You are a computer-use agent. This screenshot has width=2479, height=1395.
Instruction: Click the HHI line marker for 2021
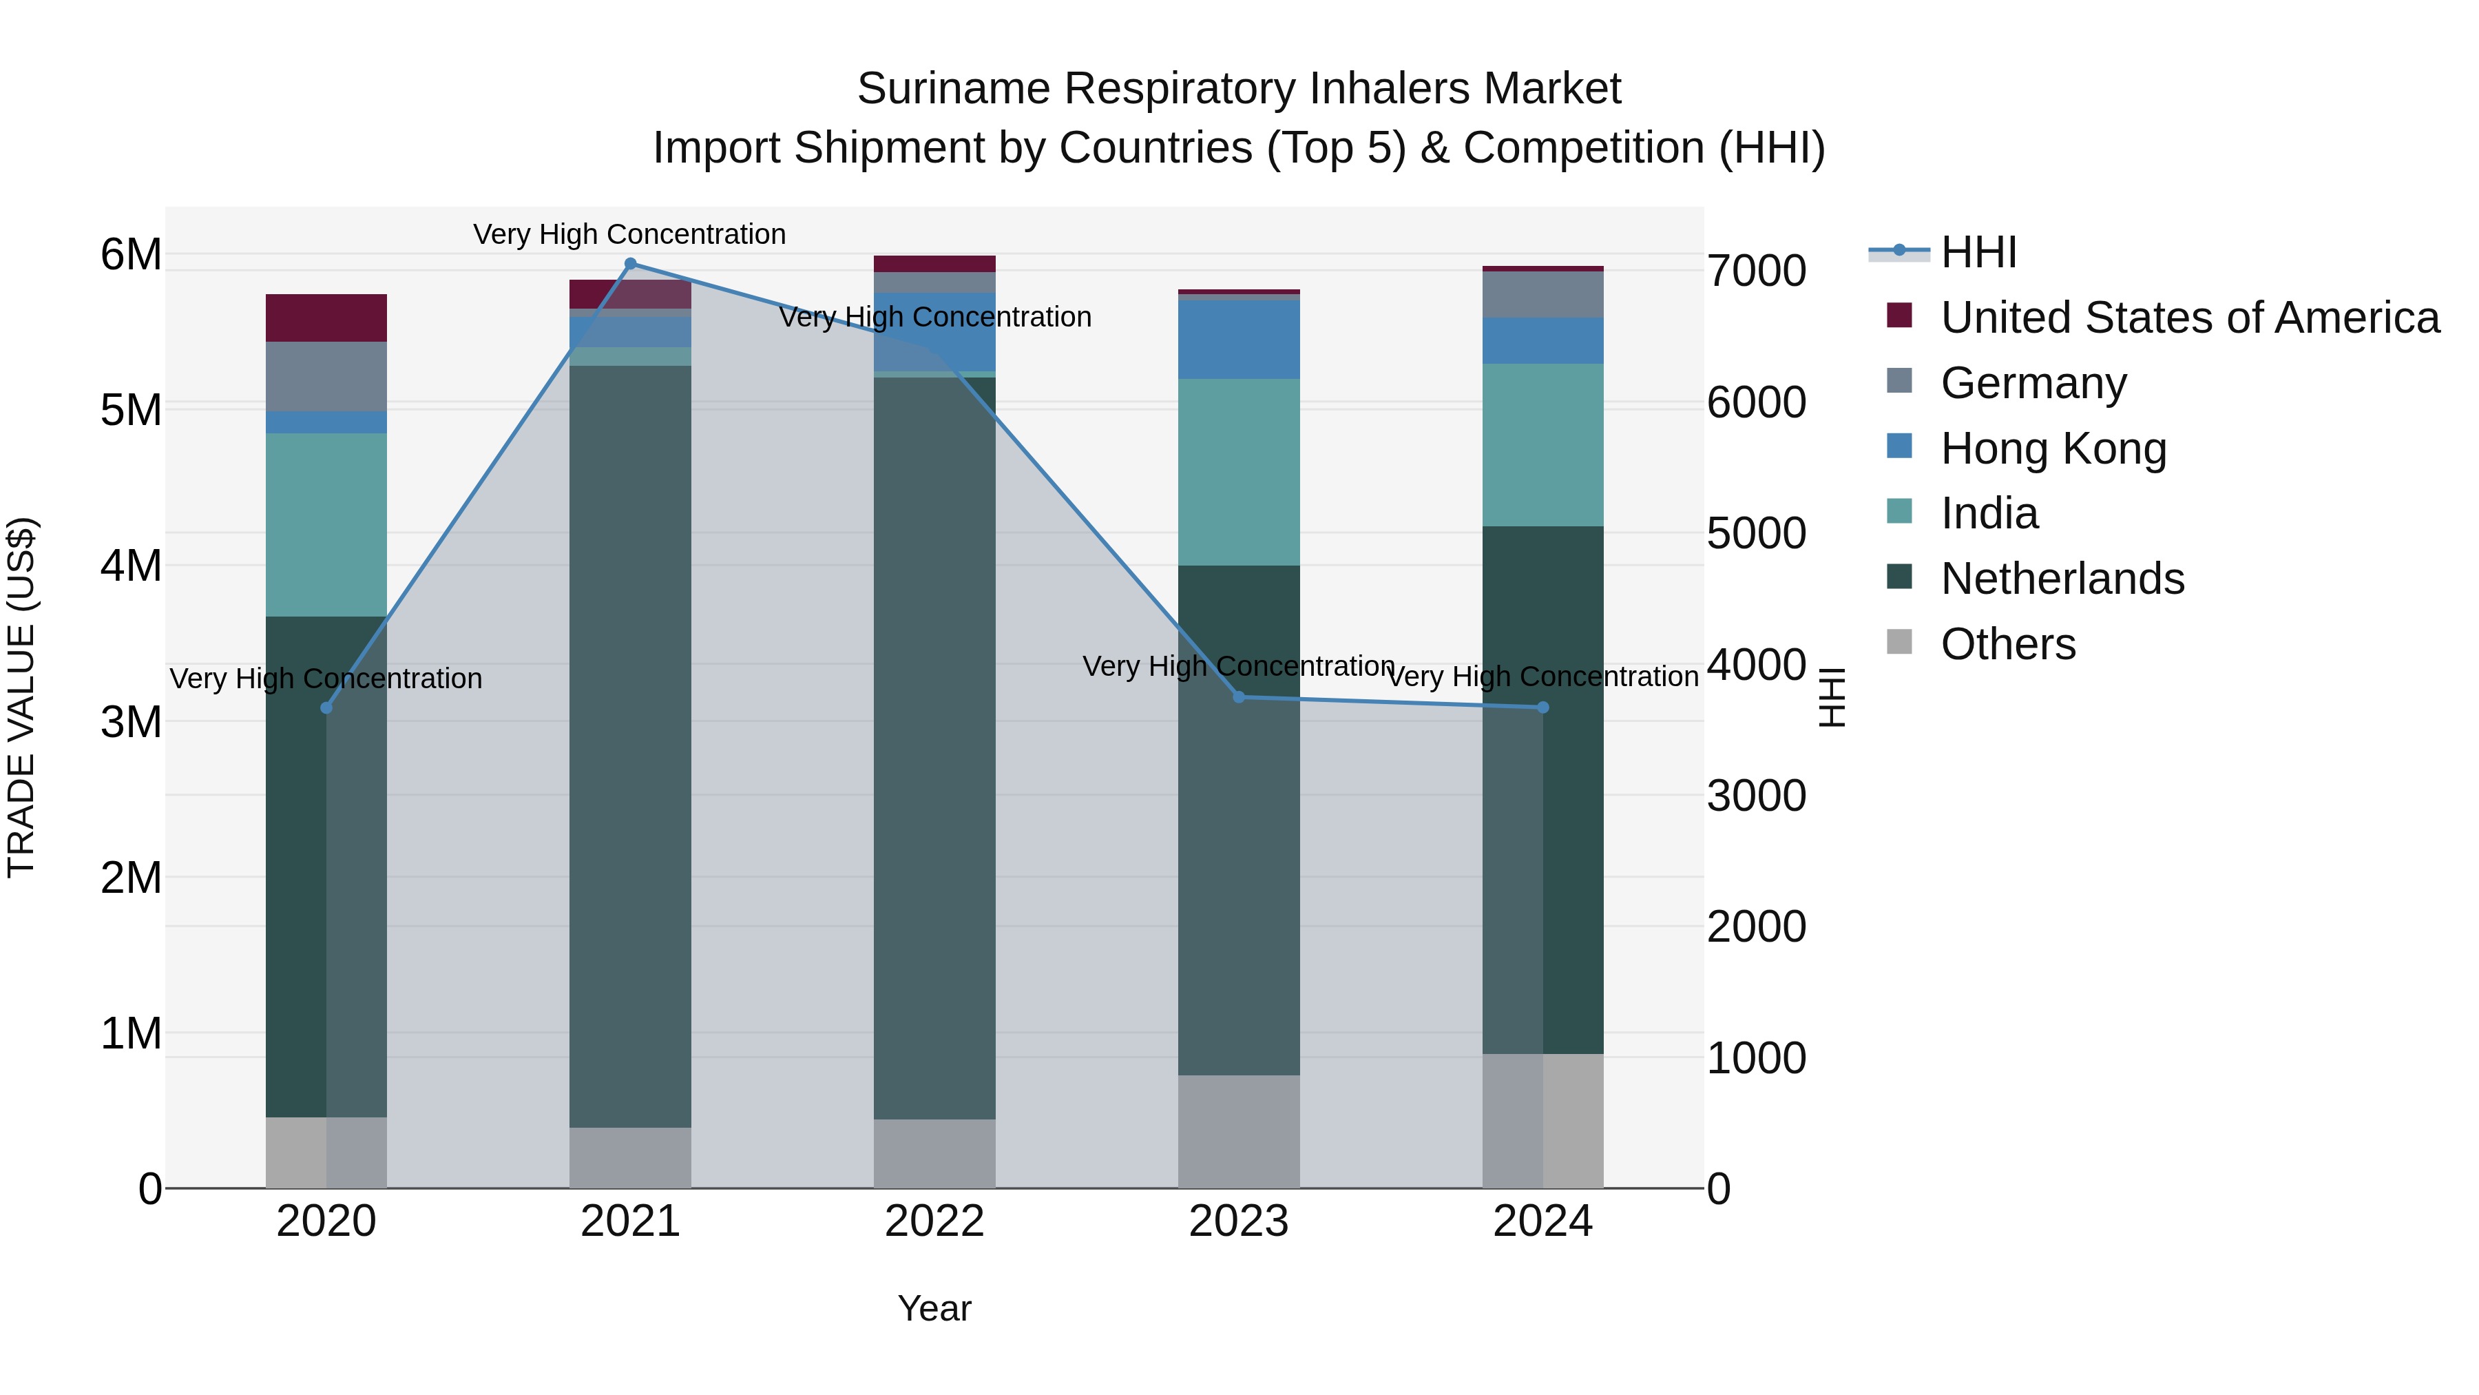point(630,264)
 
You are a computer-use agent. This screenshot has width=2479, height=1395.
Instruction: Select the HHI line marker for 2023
point(1239,697)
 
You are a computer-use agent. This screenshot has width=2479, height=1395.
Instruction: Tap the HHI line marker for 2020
point(326,707)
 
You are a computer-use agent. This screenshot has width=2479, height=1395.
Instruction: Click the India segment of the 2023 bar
point(1239,472)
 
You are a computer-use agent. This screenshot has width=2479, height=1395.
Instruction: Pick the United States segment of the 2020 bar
point(326,318)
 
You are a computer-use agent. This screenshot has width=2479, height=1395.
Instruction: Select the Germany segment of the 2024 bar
point(1542,295)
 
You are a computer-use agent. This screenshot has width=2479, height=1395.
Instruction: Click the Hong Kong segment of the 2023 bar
point(1239,339)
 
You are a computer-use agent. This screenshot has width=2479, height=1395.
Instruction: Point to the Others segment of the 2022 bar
point(934,1153)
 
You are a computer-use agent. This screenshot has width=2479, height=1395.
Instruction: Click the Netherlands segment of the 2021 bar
point(630,746)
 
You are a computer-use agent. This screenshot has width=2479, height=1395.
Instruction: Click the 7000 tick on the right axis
point(1756,271)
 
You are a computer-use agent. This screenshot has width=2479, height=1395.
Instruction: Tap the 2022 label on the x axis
point(934,1221)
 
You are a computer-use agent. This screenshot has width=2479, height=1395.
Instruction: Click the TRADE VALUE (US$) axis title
point(21,697)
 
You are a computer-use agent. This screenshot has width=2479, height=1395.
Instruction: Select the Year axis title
point(934,1308)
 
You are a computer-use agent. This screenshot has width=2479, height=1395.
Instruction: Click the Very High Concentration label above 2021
point(629,234)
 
